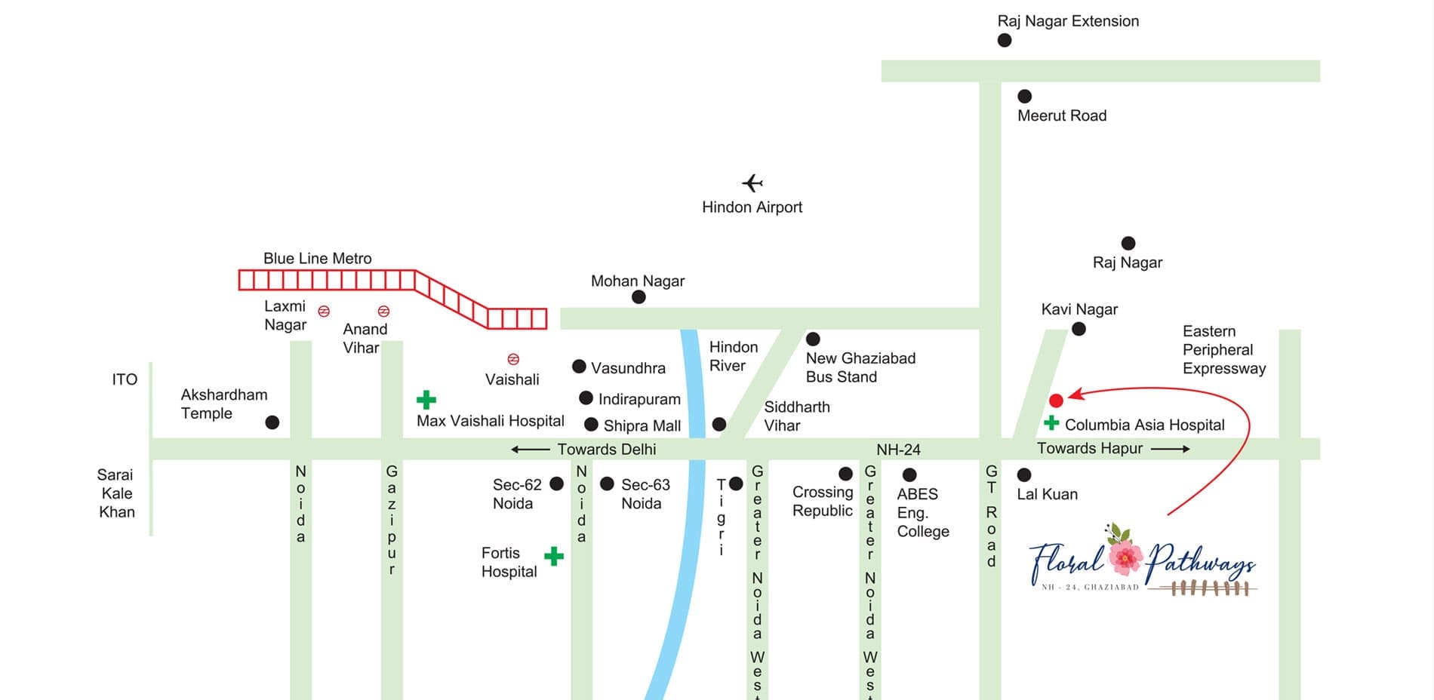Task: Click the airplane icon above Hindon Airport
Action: (752, 183)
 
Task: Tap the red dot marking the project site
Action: (1056, 401)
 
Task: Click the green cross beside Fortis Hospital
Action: (554, 557)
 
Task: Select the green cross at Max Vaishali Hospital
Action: (426, 399)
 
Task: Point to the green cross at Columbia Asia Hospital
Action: (1051, 422)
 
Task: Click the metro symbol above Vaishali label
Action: (513, 359)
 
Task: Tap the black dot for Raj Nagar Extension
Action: (1005, 40)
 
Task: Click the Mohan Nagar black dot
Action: (639, 297)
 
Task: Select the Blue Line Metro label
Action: (317, 258)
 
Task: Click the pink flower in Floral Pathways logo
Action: (1125, 557)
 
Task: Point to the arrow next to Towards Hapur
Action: (1170, 449)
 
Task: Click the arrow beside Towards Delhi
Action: (530, 450)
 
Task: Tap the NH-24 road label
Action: (898, 450)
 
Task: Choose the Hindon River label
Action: (733, 356)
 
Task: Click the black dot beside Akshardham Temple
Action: (272, 422)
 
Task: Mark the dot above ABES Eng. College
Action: (909, 474)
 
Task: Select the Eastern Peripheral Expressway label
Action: (1223, 350)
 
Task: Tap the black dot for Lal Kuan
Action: (1024, 474)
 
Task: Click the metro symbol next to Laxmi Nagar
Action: (324, 311)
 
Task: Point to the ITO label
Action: (125, 379)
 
